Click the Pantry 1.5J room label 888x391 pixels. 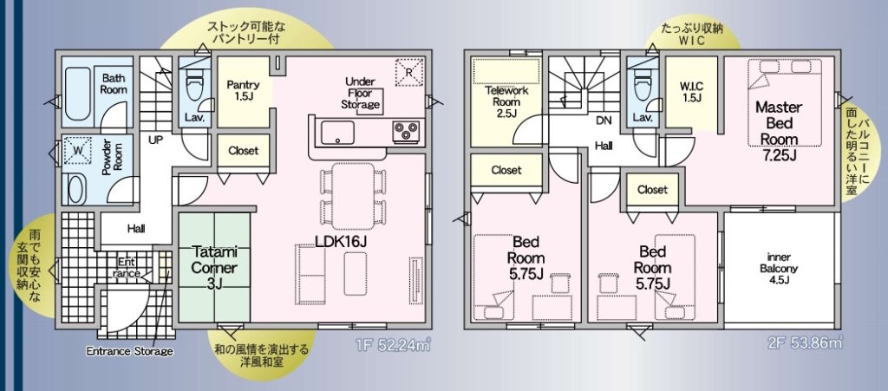click(x=243, y=90)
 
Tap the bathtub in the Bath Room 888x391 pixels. click(x=77, y=94)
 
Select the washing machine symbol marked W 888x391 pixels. click(x=77, y=151)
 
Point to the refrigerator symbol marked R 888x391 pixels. click(x=409, y=72)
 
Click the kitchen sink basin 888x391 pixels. click(x=337, y=133)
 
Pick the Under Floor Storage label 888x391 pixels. click(x=361, y=94)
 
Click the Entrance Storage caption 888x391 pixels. click(x=129, y=351)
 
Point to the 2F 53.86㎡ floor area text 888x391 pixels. click(x=808, y=343)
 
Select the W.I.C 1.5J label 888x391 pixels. click(x=691, y=92)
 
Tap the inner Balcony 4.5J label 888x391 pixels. click(x=782, y=268)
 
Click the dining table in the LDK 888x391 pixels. click(x=353, y=196)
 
